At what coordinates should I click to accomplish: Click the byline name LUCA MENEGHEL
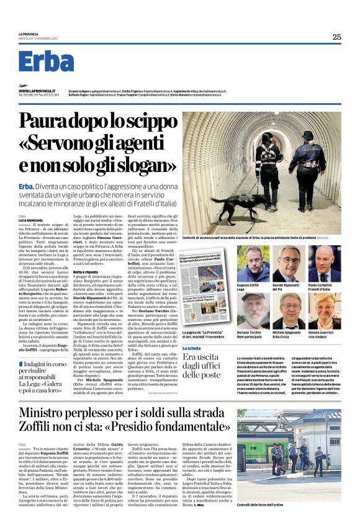tap(30, 220)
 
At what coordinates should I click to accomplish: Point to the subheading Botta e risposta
tap(105, 273)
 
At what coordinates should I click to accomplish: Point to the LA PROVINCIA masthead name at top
tap(29, 34)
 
